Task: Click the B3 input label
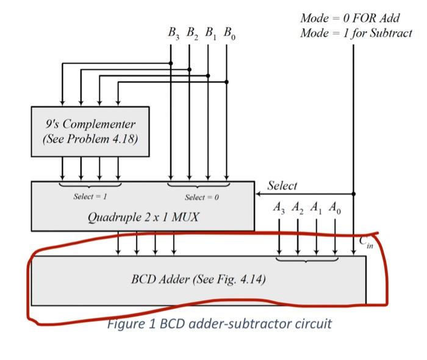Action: (173, 34)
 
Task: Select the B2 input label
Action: (191, 34)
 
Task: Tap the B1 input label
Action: (210, 34)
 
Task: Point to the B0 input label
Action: (229, 34)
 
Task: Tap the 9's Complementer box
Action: (90, 131)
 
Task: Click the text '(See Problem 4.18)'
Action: (90, 139)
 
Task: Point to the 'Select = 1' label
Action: (90, 196)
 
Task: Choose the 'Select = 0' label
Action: (201, 196)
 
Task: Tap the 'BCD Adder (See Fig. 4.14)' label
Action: (198, 280)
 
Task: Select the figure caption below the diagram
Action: (219, 323)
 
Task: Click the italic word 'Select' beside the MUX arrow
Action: (282, 185)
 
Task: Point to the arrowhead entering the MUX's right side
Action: (259, 193)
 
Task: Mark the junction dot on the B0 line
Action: (227, 81)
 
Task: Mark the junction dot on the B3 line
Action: (171, 63)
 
